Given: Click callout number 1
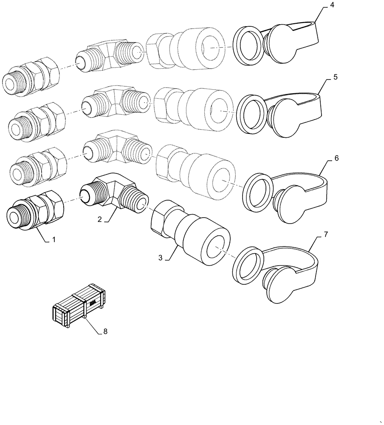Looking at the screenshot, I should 54,240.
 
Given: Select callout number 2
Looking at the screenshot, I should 99,220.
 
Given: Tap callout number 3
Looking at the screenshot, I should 161,258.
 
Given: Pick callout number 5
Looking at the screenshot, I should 335,78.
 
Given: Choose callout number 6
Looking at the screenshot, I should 336,158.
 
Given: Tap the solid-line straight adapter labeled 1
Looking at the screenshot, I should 36,209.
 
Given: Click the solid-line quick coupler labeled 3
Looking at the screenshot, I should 191,230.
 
